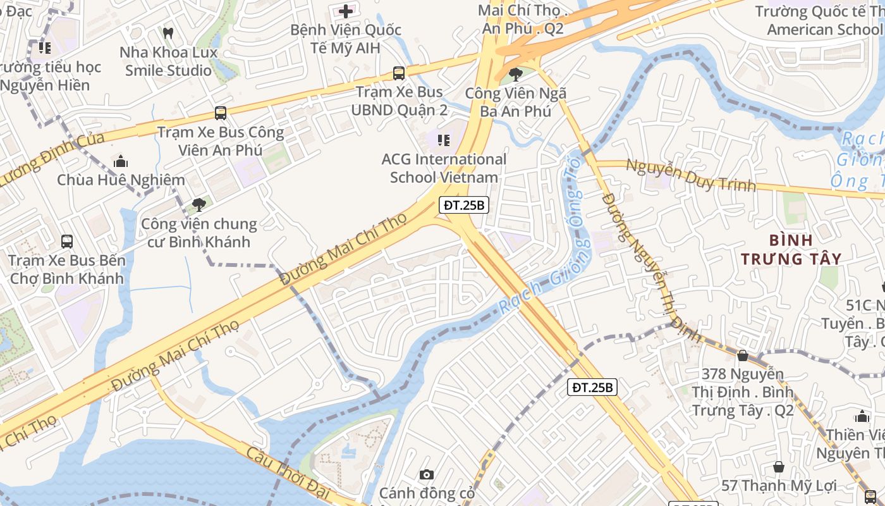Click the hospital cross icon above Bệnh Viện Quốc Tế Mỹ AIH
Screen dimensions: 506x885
346,11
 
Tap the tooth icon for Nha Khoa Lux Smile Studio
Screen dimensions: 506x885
168,33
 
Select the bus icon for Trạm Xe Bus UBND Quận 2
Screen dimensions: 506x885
399,73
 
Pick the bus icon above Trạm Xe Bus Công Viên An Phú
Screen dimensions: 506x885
220,113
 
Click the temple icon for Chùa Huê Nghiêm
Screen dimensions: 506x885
121,161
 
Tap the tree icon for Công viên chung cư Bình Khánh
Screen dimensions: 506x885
199,204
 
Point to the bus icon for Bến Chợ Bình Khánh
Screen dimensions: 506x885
67,241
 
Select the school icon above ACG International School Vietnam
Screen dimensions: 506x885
444,140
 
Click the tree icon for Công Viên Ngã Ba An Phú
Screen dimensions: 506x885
516,75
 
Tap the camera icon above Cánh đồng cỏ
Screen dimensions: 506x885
427,474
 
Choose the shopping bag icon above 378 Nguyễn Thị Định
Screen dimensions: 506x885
743,356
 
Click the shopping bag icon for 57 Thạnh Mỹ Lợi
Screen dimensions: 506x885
779,467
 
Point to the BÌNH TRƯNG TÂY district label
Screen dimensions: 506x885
791,249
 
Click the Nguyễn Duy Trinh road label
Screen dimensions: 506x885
690,175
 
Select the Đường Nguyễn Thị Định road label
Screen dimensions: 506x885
650,266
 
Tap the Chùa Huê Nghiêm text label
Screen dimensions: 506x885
121,180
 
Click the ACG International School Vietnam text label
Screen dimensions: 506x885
444,168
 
